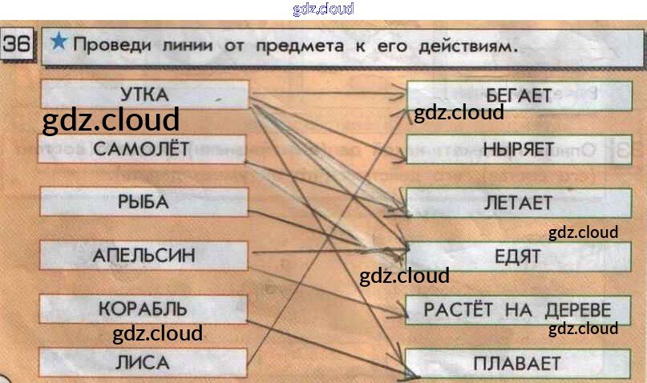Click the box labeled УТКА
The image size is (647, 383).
[x=144, y=95]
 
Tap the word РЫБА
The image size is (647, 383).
[x=143, y=202]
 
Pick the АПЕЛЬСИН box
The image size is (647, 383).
[x=144, y=256]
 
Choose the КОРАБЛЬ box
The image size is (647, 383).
[x=143, y=308]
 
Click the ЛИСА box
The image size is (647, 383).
[x=143, y=362]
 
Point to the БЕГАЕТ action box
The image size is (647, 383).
[x=517, y=95]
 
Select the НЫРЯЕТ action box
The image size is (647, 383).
[x=518, y=148]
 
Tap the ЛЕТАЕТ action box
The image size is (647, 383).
[x=518, y=202]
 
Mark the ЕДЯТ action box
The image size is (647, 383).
[x=518, y=256]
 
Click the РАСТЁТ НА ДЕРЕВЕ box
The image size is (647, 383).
[x=517, y=309]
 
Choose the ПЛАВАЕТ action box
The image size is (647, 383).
[x=517, y=363]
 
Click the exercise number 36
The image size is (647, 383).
[x=16, y=46]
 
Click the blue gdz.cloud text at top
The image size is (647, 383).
[x=323, y=9]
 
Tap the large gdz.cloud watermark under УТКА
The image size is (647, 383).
[x=111, y=121]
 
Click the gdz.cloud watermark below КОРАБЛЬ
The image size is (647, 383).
[x=157, y=333]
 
